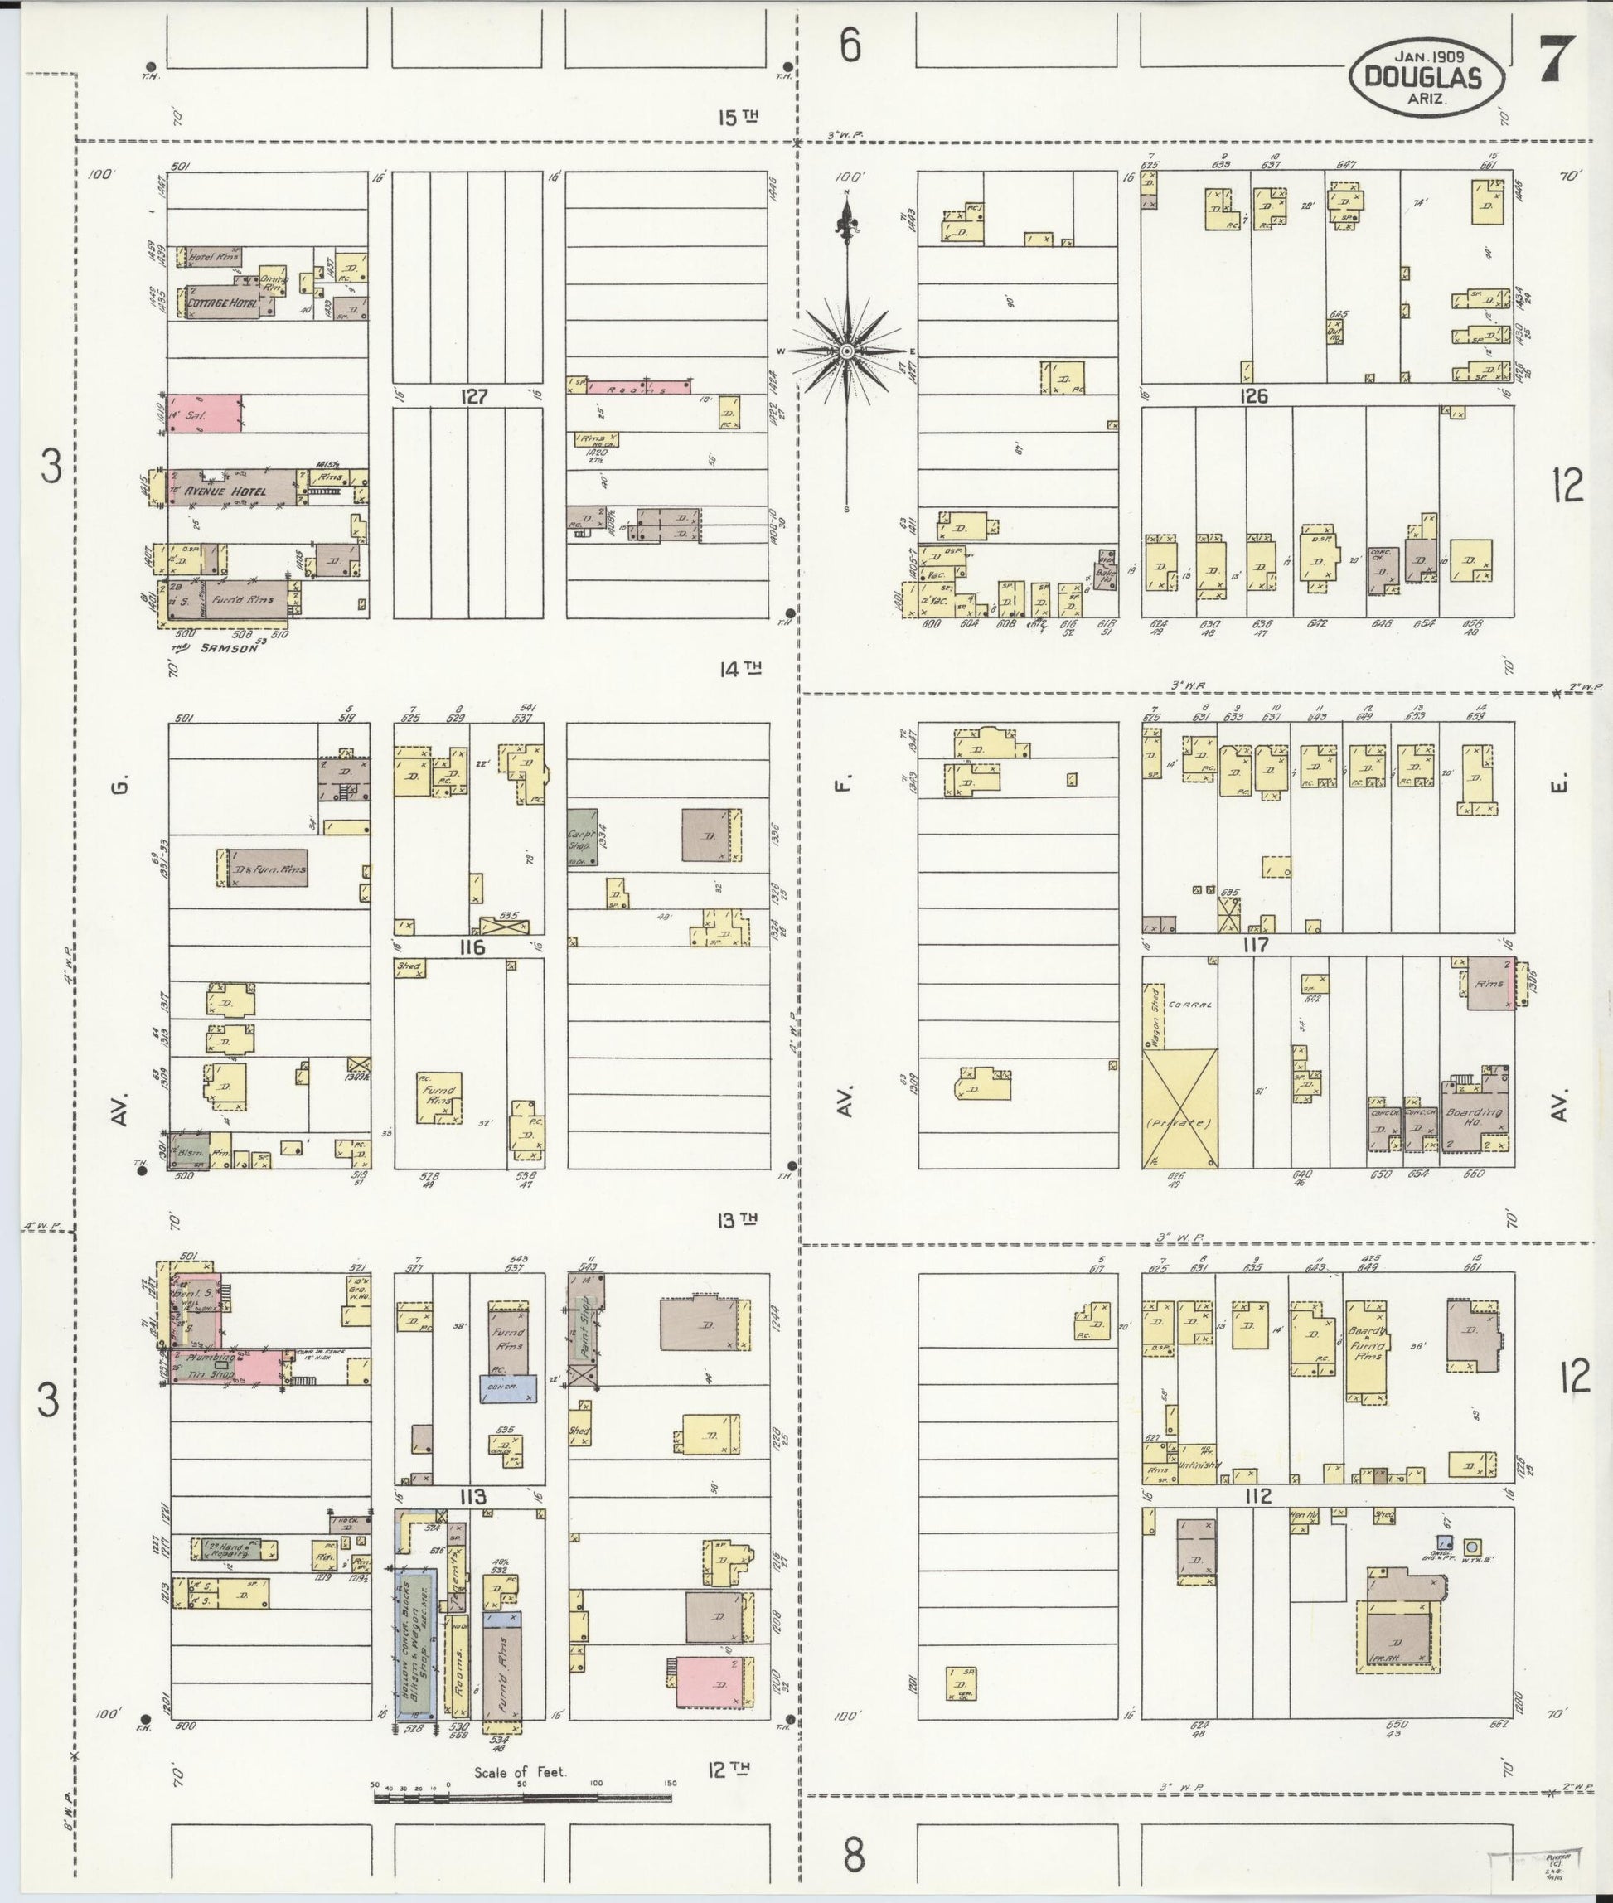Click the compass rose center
[x=847, y=351]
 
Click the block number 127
[x=475, y=396]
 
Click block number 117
[x=1256, y=945]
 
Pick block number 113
[x=472, y=1496]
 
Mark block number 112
[x=1258, y=1496]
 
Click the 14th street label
[x=739, y=670]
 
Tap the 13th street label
[x=737, y=1220]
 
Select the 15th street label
[x=739, y=117]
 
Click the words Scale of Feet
[x=521, y=1771]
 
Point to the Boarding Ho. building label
[x=1473, y=1116]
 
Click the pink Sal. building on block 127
[x=206, y=414]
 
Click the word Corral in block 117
[x=1190, y=1004]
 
